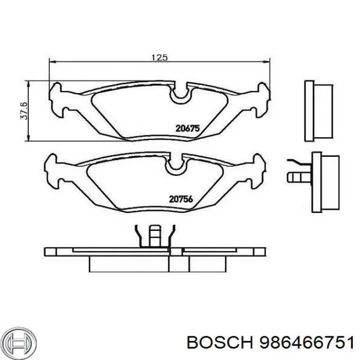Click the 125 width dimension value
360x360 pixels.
[x=159, y=58]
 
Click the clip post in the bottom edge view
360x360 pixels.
[x=155, y=236]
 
